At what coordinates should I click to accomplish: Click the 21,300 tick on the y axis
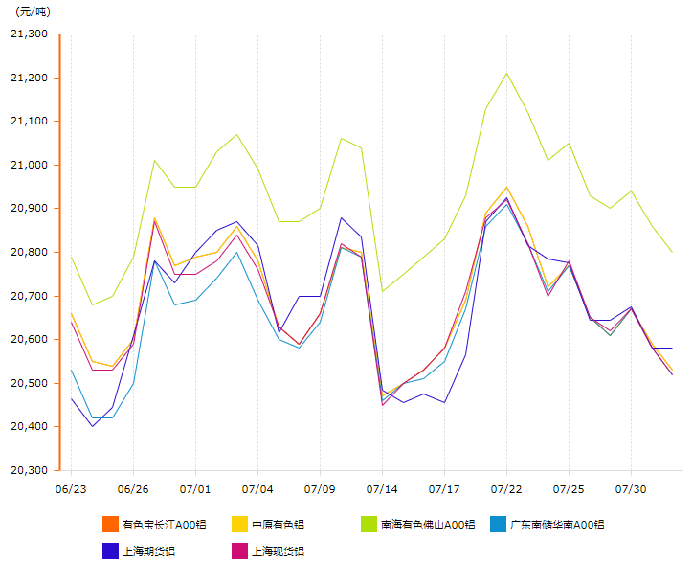tap(29, 34)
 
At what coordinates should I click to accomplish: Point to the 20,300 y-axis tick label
tap(29, 470)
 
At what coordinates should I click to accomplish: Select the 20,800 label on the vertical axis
tap(29, 252)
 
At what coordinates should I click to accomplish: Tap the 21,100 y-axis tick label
tap(29, 122)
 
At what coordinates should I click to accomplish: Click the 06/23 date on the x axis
tap(71, 489)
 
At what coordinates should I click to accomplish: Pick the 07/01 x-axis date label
tap(195, 489)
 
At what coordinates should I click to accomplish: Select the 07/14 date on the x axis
tap(382, 489)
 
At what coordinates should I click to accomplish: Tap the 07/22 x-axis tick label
tap(506, 489)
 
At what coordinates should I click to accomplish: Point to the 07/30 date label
tap(631, 489)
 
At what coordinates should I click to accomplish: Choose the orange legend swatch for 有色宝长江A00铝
tap(110, 525)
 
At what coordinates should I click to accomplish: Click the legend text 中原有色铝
tap(278, 525)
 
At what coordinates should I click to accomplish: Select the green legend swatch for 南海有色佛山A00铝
tap(369, 525)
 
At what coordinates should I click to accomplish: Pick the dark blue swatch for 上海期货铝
tap(110, 551)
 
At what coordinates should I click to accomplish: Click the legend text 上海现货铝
tap(278, 551)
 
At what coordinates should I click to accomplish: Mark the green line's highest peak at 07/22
tap(506, 73)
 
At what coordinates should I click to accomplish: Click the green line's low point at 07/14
tap(382, 291)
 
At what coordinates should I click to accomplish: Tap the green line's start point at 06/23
tap(71, 257)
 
